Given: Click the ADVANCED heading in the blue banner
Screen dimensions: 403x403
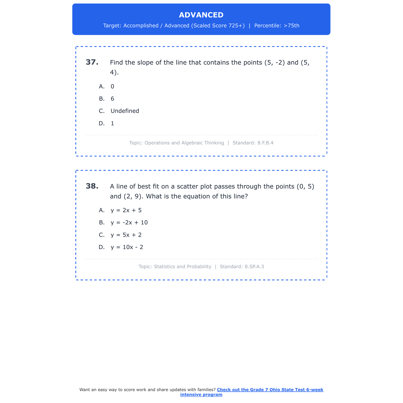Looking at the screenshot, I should coord(201,15).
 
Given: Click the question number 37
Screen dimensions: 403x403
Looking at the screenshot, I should coord(92,62).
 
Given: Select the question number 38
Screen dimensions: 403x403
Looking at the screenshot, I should coord(92,186).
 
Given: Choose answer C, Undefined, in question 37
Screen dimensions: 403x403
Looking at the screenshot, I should coord(125,111).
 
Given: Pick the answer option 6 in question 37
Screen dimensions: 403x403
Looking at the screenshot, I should coord(112,99).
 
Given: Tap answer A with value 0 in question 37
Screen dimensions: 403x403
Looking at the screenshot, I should coord(112,87).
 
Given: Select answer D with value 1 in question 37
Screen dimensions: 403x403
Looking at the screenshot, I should coord(112,124).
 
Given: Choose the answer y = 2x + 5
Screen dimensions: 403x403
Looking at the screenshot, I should coord(126,210).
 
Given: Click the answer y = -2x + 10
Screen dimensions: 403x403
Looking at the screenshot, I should coord(129,223).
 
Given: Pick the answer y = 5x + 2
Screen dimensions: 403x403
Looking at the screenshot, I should coord(126,235).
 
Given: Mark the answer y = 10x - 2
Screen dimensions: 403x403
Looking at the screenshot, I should coord(127,247).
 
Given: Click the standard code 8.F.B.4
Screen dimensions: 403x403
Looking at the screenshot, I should coord(265,143).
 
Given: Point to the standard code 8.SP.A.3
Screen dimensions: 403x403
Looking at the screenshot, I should coord(254,267).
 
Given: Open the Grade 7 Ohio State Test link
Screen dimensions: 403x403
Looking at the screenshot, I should coord(270,390).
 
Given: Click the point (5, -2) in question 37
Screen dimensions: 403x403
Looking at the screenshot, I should coord(274,63).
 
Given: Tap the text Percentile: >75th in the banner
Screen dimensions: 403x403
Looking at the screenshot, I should coord(277,26).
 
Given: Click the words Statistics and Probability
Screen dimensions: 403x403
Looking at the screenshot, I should coord(182,267).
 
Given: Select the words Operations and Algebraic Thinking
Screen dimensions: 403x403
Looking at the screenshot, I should coord(184,143).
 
